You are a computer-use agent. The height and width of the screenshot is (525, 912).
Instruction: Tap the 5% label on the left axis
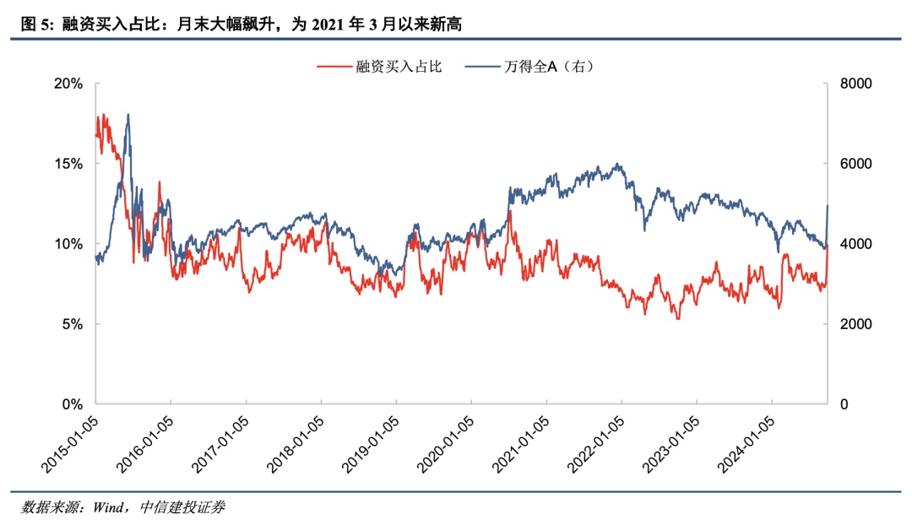click(x=73, y=324)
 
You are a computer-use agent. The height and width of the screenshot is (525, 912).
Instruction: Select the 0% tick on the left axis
click(x=73, y=404)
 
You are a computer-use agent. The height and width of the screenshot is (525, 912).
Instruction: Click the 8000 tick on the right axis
click(x=855, y=84)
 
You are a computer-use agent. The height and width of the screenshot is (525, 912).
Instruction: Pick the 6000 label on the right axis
click(x=855, y=164)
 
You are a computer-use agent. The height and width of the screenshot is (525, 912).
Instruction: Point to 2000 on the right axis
click(x=855, y=324)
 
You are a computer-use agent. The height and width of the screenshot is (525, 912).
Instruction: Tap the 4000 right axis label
click(x=855, y=244)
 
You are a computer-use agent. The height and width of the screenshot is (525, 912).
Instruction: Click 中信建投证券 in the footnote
click(x=183, y=507)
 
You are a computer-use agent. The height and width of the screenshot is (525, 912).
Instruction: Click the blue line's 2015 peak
click(x=128, y=115)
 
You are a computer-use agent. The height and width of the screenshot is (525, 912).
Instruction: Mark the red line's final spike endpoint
click(x=828, y=245)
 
